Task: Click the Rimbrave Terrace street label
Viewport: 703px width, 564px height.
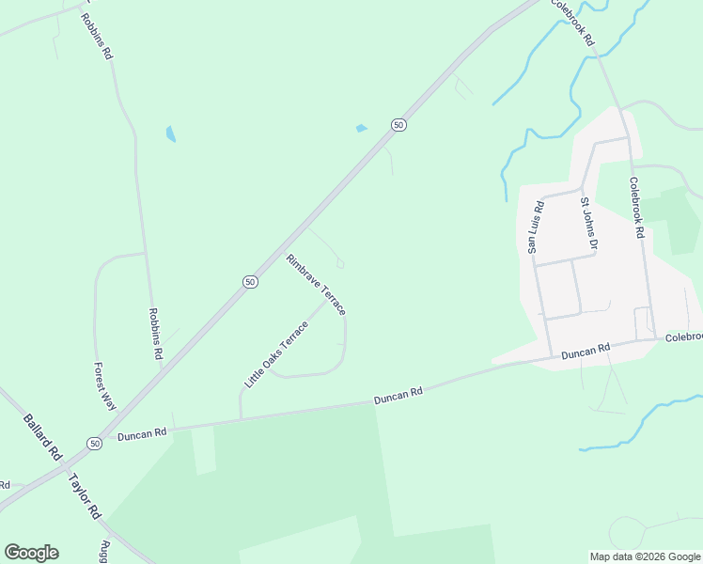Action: click(x=317, y=284)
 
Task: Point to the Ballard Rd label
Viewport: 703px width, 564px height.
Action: click(x=42, y=431)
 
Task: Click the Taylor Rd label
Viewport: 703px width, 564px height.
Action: click(x=85, y=497)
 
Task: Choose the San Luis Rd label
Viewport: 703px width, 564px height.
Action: click(x=534, y=227)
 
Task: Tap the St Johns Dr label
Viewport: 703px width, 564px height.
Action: click(x=588, y=225)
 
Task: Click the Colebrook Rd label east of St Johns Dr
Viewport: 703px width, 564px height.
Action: click(x=636, y=207)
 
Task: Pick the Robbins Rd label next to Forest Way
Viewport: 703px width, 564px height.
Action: click(x=156, y=335)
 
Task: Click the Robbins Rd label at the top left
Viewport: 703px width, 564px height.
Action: click(x=97, y=37)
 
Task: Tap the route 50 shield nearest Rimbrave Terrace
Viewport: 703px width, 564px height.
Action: click(x=248, y=281)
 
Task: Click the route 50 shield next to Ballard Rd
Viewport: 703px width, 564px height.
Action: click(x=94, y=443)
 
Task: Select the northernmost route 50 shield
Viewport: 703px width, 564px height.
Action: click(x=398, y=125)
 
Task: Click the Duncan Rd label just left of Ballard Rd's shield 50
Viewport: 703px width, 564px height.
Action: click(x=141, y=433)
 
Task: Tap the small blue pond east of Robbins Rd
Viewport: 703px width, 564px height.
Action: click(x=170, y=133)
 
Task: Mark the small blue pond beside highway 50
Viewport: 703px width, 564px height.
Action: click(x=362, y=128)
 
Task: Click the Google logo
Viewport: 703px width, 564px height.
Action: click(x=31, y=552)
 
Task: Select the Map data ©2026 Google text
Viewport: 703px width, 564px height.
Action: click(x=645, y=556)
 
